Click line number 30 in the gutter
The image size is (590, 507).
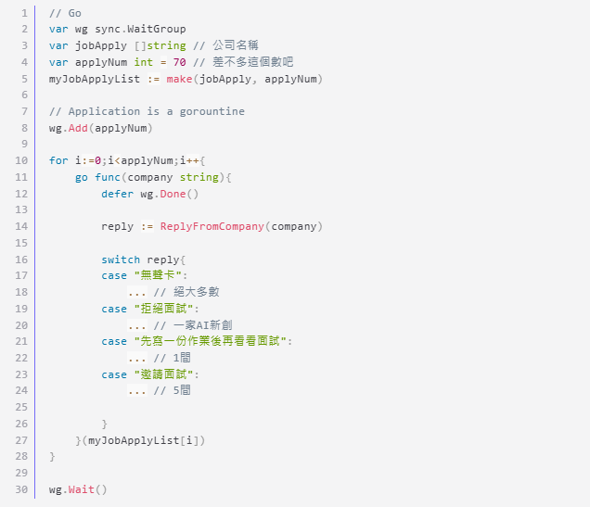(21, 489)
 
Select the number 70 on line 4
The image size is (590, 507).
(179, 62)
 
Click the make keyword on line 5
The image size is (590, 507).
(179, 79)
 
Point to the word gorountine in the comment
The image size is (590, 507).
(212, 111)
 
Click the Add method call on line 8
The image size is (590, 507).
(78, 128)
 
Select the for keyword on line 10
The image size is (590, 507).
(58, 160)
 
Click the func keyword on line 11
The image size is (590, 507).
(108, 177)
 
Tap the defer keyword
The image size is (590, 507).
(118, 194)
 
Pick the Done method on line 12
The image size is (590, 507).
(173, 194)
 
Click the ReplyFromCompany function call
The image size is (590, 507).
(212, 226)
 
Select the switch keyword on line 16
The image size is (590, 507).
(121, 260)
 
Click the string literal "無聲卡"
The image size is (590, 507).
(160, 275)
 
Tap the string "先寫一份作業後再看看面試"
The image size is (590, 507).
(211, 341)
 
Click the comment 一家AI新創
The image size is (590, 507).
(203, 325)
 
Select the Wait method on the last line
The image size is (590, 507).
(82, 489)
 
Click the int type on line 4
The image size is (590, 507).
(144, 62)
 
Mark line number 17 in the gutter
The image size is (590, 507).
(21, 275)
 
